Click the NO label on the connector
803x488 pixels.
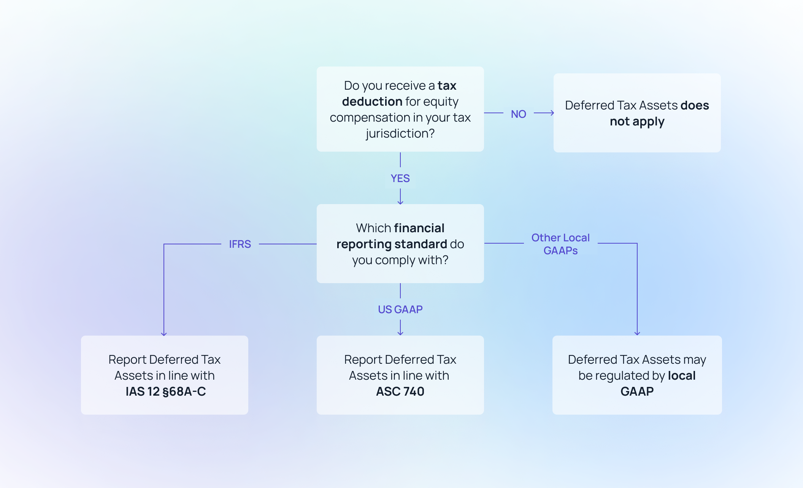tap(518, 114)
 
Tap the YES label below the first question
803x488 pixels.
tap(400, 178)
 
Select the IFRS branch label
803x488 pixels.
tap(240, 244)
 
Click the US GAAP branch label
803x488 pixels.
tap(400, 309)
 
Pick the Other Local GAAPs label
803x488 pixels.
tap(560, 244)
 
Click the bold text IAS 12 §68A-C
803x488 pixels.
tap(165, 391)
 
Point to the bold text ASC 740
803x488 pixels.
tap(400, 391)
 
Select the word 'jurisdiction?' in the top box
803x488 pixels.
tap(400, 133)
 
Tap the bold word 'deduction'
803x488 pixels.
tap(372, 101)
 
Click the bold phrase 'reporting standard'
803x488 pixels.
tap(392, 244)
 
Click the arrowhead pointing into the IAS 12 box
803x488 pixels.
tap(164, 334)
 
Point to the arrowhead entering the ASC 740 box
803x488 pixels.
tap(400, 333)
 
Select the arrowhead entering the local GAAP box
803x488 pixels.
tap(637, 333)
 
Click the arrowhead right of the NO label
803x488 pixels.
tap(552, 113)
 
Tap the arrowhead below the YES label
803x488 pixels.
tap(400, 202)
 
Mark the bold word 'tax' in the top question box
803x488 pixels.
tap(447, 86)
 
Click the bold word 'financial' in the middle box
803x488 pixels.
tap(419, 228)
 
